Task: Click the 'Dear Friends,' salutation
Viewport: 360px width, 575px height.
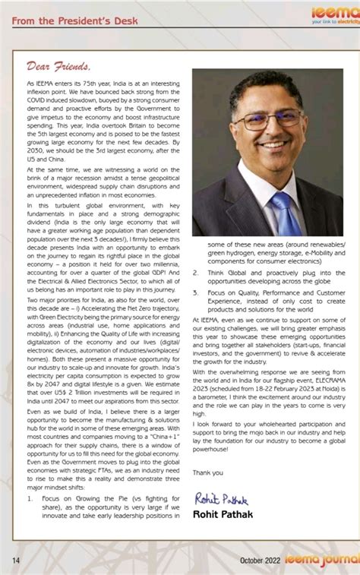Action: [x=58, y=66]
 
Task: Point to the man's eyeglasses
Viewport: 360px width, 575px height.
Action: [x=266, y=120]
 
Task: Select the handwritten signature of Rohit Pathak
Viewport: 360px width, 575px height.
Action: [x=221, y=498]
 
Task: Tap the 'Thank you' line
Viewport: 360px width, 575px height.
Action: [x=207, y=472]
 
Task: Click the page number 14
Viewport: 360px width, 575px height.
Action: [x=15, y=560]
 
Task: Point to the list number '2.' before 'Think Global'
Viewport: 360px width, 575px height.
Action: [x=196, y=272]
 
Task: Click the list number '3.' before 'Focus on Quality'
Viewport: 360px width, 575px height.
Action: [x=196, y=292]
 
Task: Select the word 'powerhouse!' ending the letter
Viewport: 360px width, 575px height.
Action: [x=211, y=452]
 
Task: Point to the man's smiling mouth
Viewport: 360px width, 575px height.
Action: [x=272, y=144]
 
